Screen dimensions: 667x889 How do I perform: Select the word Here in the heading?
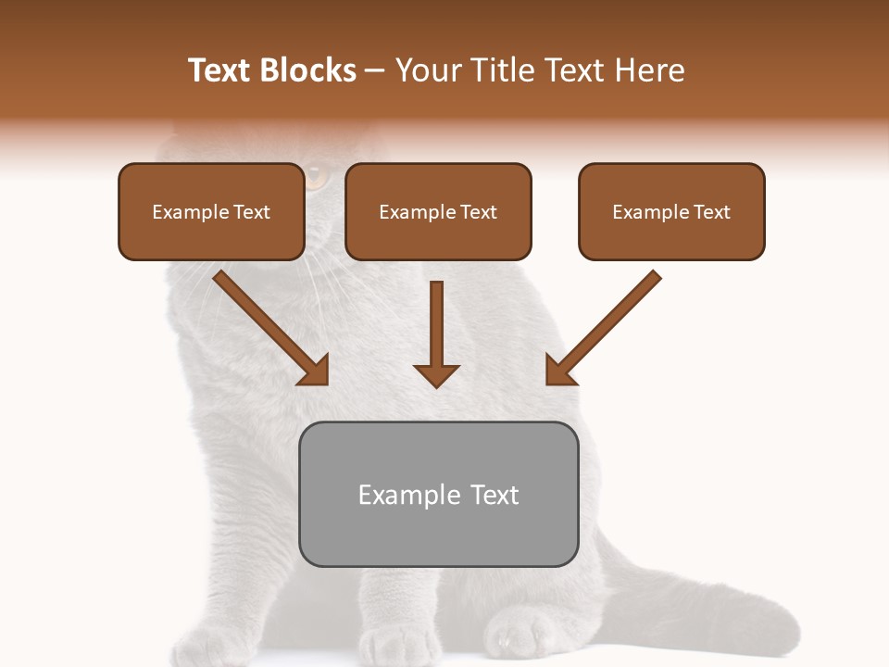click(x=648, y=70)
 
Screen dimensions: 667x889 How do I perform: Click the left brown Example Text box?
click(x=211, y=212)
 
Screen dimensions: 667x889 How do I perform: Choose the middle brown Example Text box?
click(x=438, y=212)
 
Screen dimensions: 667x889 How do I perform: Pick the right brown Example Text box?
click(x=671, y=212)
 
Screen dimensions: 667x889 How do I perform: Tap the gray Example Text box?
click(x=438, y=495)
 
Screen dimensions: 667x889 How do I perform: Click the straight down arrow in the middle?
click(x=436, y=333)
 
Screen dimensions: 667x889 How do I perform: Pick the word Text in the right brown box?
click(x=711, y=212)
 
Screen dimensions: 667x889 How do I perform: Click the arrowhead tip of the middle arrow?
click(x=436, y=384)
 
